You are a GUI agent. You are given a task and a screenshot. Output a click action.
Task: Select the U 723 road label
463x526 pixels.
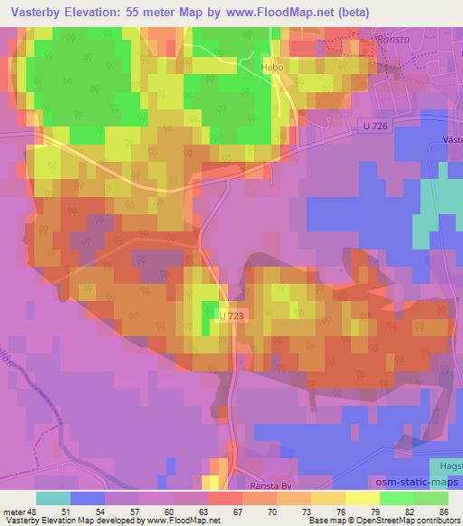231,315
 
